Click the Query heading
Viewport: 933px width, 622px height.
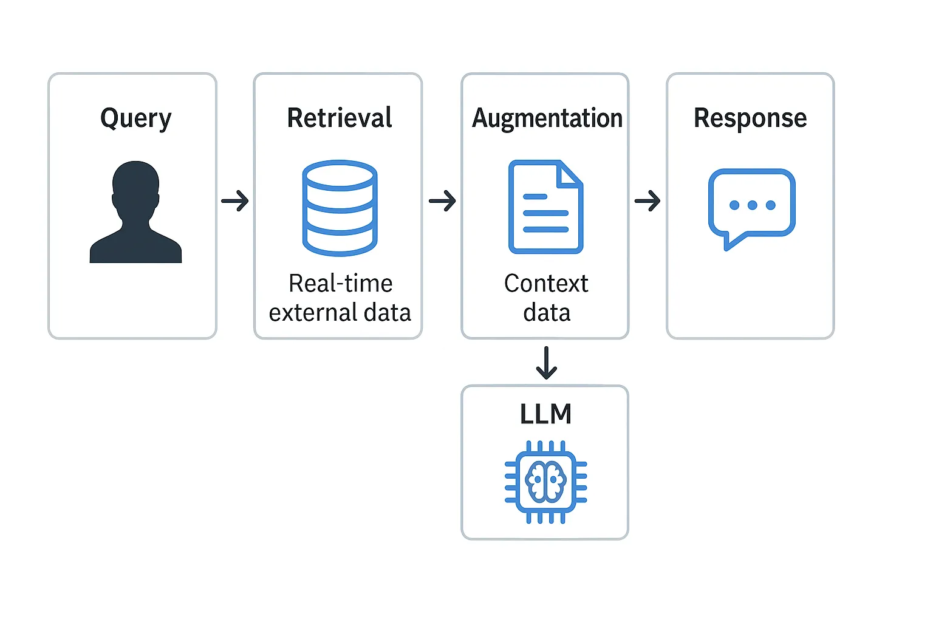135,118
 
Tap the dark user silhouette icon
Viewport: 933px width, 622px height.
135,212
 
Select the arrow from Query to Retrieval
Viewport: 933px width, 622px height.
235,200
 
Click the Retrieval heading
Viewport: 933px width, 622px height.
339,118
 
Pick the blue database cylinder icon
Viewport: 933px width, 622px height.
340,208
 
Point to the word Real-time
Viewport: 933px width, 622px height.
340,283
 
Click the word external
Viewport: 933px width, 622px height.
312,313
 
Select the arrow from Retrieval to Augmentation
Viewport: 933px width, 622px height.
442,200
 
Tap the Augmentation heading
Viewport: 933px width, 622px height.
547,118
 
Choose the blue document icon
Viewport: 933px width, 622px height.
545,207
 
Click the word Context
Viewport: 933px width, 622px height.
546,283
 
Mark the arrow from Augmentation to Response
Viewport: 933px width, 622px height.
648,200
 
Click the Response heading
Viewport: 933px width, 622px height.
750,118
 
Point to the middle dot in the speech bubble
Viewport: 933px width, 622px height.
752,205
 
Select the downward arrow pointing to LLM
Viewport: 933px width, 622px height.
546,363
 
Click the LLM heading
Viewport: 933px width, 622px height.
545,414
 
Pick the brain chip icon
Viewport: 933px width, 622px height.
545,482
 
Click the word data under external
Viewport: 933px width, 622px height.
387,313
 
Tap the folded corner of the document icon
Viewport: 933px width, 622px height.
570,173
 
